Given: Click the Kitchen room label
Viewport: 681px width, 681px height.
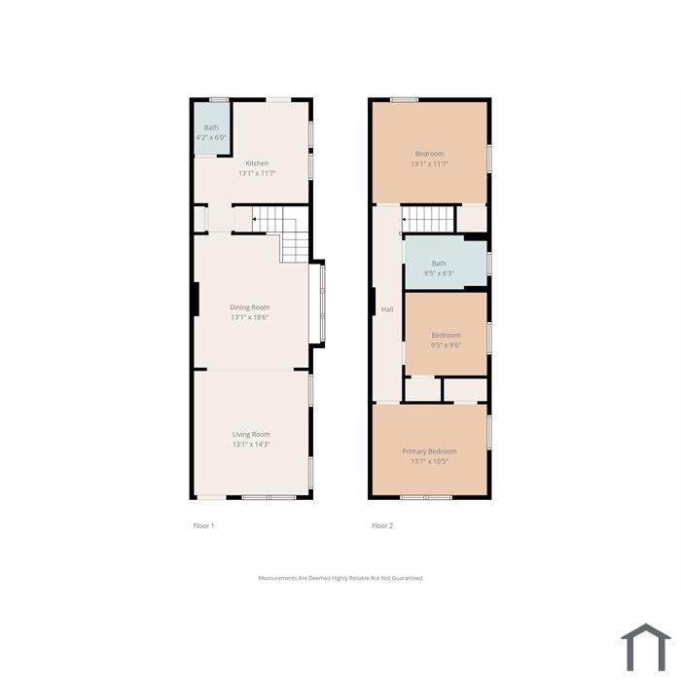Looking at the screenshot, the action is tap(257, 163).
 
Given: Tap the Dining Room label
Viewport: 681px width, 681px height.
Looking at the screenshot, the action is tap(250, 307).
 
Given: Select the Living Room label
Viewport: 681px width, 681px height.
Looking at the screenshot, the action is tap(251, 434).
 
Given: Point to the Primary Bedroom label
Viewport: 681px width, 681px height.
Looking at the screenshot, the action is tap(430, 451).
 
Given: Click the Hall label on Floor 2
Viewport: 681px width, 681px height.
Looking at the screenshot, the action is tap(387, 309).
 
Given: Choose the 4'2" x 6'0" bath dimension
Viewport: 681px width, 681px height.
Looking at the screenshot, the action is tap(211, 138).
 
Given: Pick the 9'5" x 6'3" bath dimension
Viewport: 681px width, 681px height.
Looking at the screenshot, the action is tap(439, 273).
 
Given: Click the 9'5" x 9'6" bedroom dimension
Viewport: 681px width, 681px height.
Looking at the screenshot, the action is tap(446, 345).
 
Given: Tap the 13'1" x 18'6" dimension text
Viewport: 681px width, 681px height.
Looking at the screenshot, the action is tap(250, 317).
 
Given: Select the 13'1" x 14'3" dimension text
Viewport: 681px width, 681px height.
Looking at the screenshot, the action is tap(251, 445).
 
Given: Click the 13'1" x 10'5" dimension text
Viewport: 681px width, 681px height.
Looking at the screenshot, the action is tap(430, 461).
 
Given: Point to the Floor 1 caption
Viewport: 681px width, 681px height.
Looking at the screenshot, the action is tap(203, 526).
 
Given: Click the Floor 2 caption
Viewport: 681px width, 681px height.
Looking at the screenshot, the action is tap(382, 526).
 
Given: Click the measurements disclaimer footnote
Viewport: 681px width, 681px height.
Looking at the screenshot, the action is tap(340, 578).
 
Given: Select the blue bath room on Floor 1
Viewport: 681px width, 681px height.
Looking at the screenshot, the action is tap(211, 128).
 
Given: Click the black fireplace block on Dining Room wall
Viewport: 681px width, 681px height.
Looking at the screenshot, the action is tap(196, 300).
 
